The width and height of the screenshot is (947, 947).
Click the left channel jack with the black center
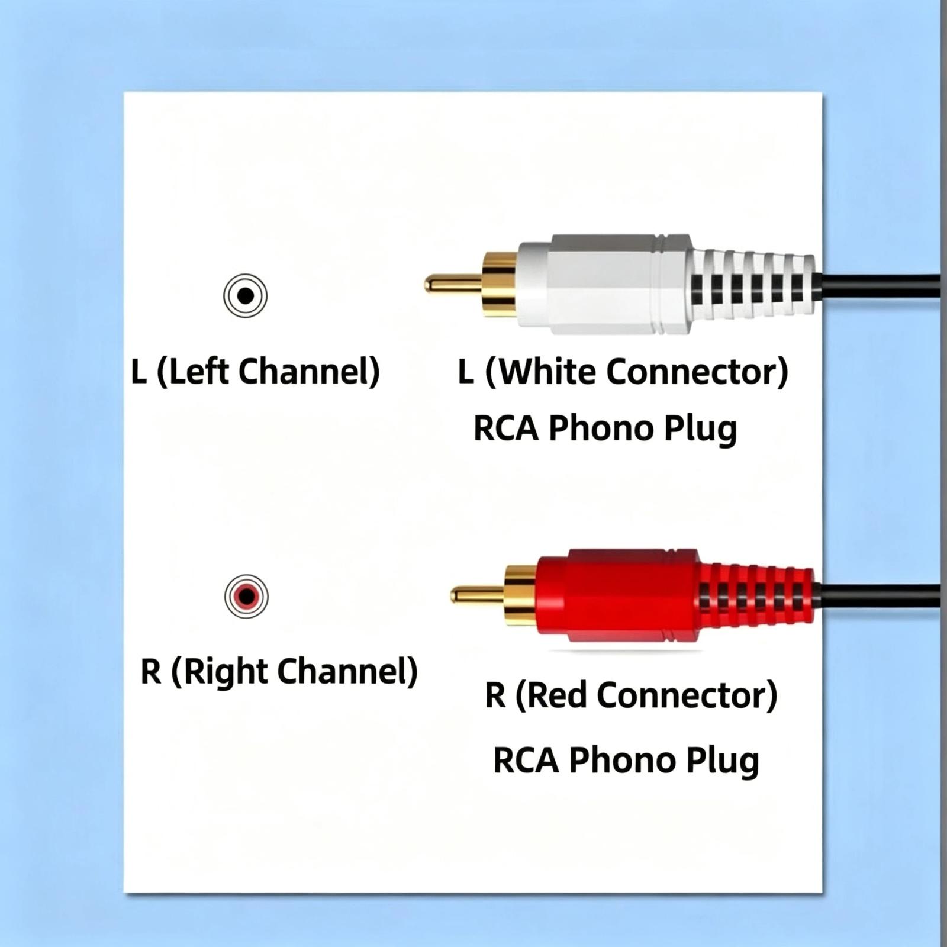tap(245, 295)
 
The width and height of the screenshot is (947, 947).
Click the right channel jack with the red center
tap(246, 596)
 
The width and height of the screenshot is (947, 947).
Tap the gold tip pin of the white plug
tap(453, 285)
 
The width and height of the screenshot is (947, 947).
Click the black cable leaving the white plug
tap(877, 285)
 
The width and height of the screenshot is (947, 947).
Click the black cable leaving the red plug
tap(877, 595)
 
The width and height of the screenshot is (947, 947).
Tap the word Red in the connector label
tap(559, 695)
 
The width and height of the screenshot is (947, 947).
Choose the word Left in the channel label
tap(199, 371)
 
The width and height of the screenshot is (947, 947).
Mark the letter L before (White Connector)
tap(466, 372)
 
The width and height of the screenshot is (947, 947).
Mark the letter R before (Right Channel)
tap(151, 671)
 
